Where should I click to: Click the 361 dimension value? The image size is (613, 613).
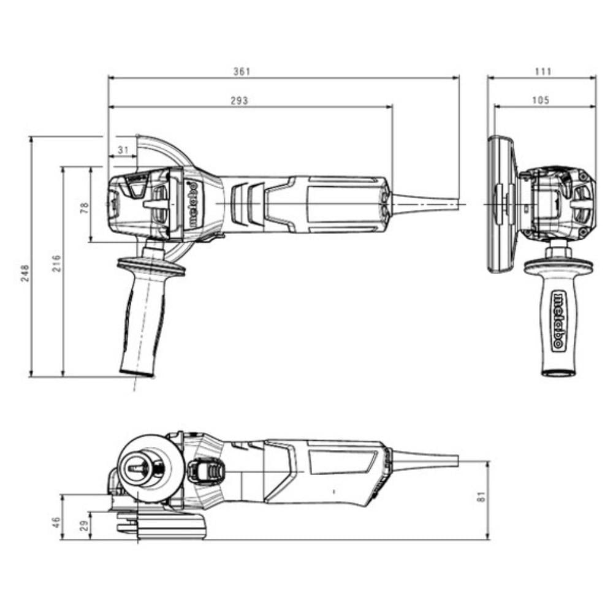(242, 72)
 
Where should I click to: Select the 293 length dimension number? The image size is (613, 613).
(240, 101)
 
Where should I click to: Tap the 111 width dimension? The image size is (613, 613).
(543, 72)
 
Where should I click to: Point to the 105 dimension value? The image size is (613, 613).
(541, 101)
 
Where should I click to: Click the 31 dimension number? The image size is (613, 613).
(123, 150)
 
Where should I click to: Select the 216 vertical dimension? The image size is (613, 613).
(56, 264)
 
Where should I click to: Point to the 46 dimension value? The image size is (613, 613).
(56, 522)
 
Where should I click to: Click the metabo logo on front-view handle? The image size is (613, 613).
(558, 321)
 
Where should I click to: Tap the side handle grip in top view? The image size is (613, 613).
(143, 325)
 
